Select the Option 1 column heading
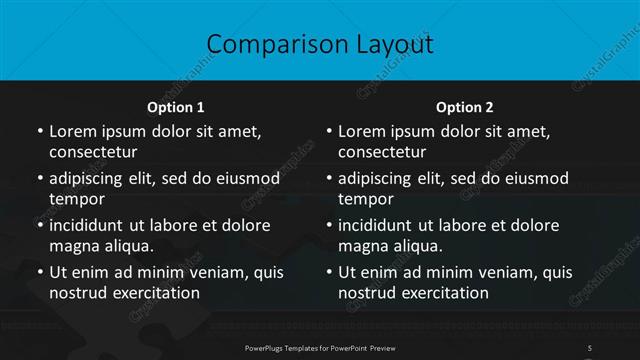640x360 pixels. point(176,106)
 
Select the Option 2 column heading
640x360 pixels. point(465,106)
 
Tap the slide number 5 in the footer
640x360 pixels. point(591,346)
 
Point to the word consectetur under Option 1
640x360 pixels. point(93,152)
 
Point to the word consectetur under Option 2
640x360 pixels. point(382,152)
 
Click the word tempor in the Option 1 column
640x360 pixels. point(77,199)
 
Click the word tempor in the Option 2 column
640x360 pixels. point(366,199)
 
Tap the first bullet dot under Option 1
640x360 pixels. point(39,131)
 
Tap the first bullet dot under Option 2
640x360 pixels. point(328,131)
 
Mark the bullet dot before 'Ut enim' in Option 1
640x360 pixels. point(39,272)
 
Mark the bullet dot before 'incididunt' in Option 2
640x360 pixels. point(328,225)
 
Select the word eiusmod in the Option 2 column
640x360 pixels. point(536,178)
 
